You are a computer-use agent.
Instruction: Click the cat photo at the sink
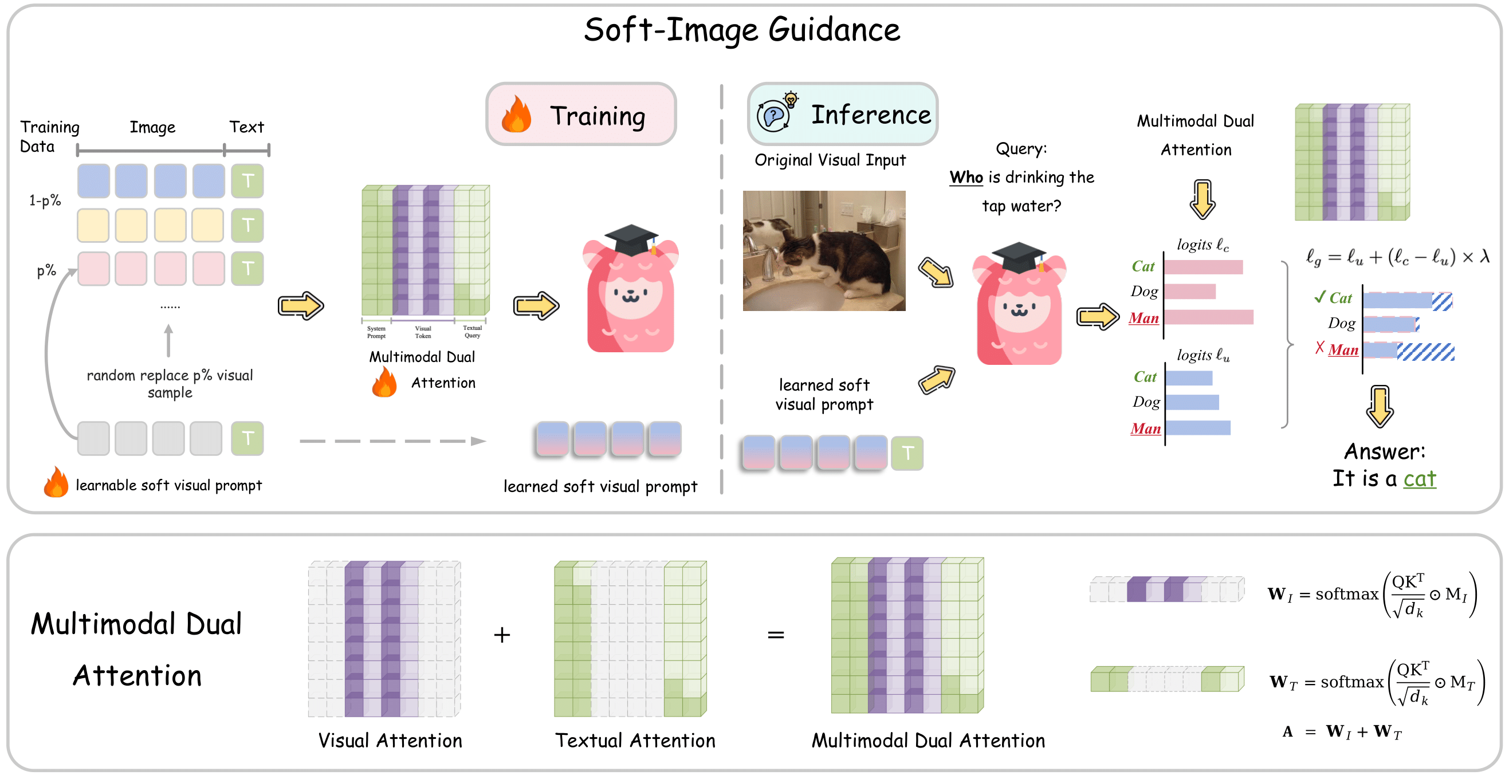tap(824, 250)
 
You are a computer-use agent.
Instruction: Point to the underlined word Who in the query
tap(966, 177)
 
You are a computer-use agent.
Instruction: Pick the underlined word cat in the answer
tap(1420, 478)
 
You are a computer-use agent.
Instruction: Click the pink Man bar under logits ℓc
tap(1208, 317)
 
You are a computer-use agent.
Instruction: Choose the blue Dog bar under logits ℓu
tap(1192, 402)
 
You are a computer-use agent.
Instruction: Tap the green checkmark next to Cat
tap(1319, 296)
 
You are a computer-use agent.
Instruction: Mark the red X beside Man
tap(1319, 348)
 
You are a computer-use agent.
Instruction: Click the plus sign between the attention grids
tap(502, 635)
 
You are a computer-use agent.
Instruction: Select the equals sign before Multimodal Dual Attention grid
tap(776, 635)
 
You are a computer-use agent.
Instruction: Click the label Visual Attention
tap(390, 741)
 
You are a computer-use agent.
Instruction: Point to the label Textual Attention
tap(635, 741)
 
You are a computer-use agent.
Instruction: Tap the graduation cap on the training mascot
tap(631, 239)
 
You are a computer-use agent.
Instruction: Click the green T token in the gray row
tap(247, 439)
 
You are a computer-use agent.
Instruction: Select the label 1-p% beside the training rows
tap(45, 201)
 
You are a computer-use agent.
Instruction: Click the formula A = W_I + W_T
tap(1342, 731)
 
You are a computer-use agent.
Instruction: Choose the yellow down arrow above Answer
tap(1380, 407)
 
